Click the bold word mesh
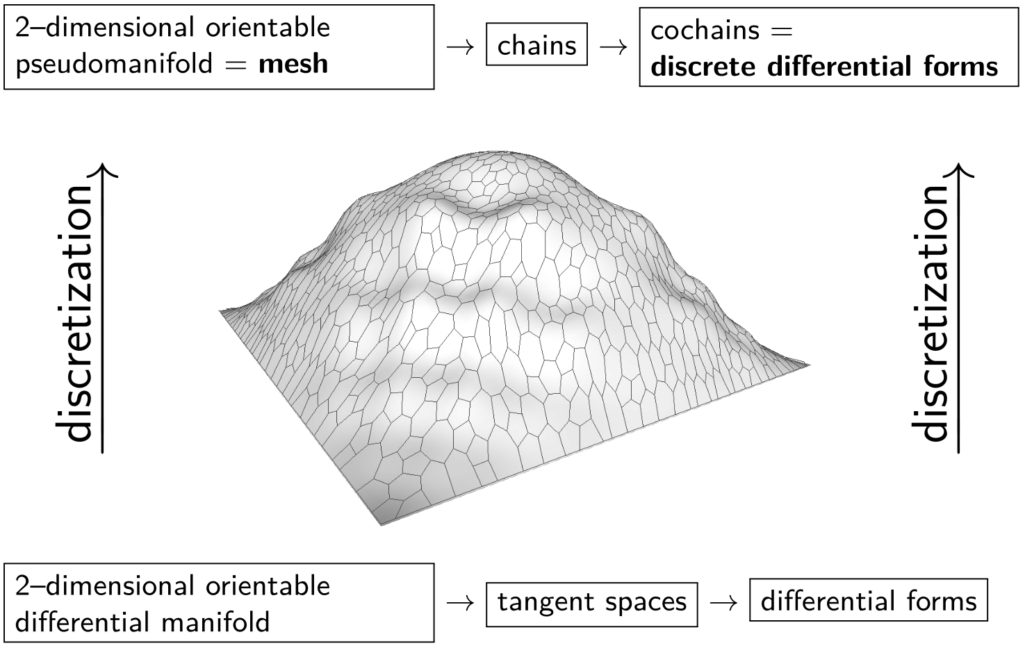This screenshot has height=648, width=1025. [x=293, y=64]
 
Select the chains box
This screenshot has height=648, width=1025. [x=537, y=45]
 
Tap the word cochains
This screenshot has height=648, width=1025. [x=705, y=31]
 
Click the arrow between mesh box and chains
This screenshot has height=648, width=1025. [x=460, y=46]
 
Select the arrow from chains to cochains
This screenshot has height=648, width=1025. [x=613, y=46]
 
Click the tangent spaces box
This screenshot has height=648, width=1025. [x=591, y=602]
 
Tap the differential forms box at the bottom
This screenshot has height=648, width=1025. [x=868, y=600]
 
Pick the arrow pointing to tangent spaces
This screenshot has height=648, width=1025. [x=460, y=602]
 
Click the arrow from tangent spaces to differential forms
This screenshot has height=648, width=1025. [x=723, y=602]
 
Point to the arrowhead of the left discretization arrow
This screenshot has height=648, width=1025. [x=103, y=169]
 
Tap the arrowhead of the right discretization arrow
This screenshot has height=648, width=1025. [x=959, y=169]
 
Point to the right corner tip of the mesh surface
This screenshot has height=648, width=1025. [x=809, y=364]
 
